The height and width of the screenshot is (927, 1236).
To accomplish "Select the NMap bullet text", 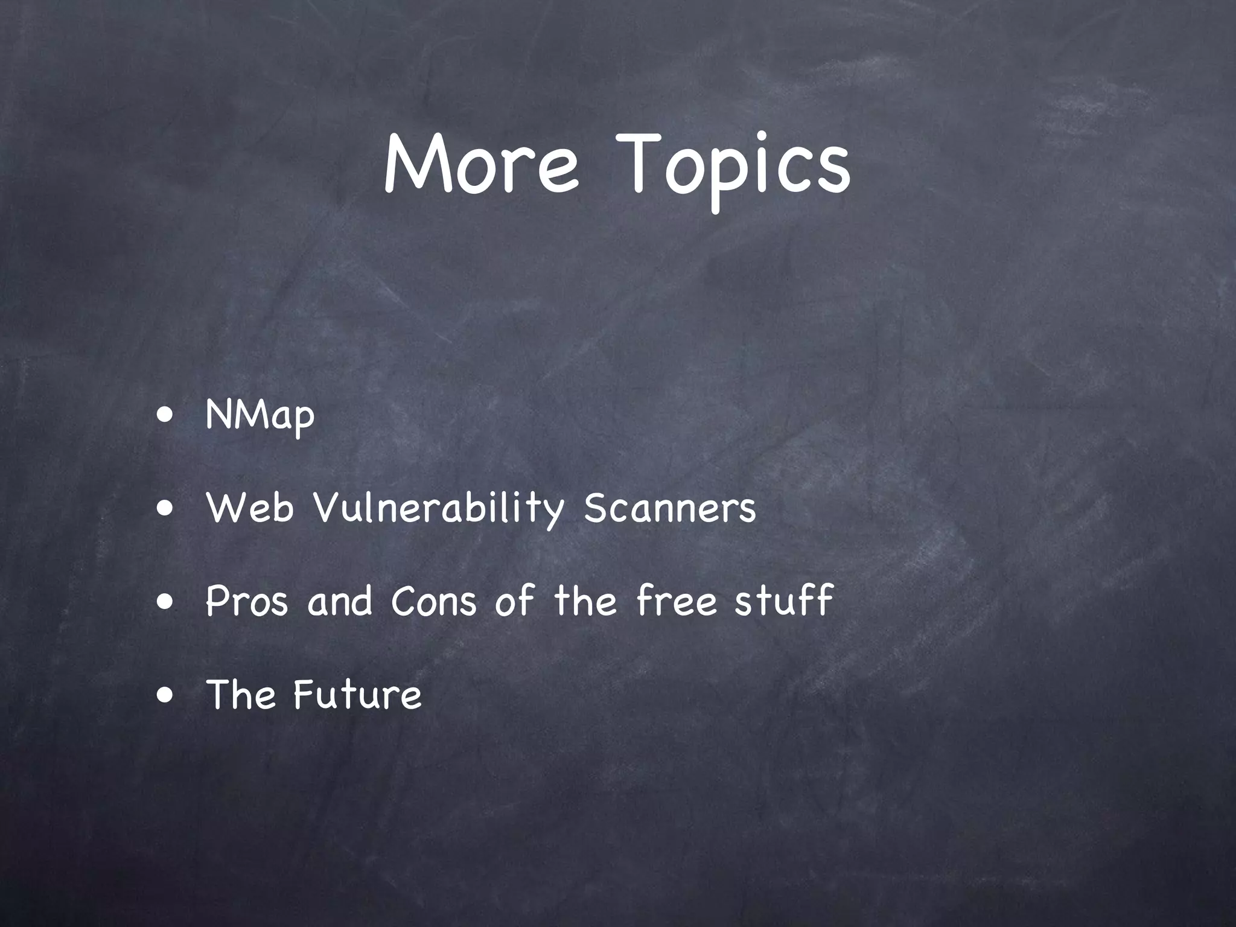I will coord(260,415).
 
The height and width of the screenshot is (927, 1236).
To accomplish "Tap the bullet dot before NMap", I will coord(164,416).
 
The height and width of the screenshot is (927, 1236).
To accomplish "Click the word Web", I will coord(250,508).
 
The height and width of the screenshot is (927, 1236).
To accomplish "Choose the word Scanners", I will coord(669,508).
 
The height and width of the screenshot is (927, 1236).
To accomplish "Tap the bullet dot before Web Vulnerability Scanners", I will coord(164,508).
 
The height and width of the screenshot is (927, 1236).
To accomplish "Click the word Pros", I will coord(246,601).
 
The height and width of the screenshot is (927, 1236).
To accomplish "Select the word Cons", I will coord(434,601).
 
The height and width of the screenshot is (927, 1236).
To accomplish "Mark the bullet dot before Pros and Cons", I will coord(164,601).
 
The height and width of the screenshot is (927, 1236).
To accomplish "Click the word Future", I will coord(357,693).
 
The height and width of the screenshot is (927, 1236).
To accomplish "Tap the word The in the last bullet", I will coord(241,693).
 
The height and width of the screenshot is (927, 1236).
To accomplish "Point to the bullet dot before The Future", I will coord(164,694).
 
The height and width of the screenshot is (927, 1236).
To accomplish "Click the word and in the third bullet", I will coord(340,601).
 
